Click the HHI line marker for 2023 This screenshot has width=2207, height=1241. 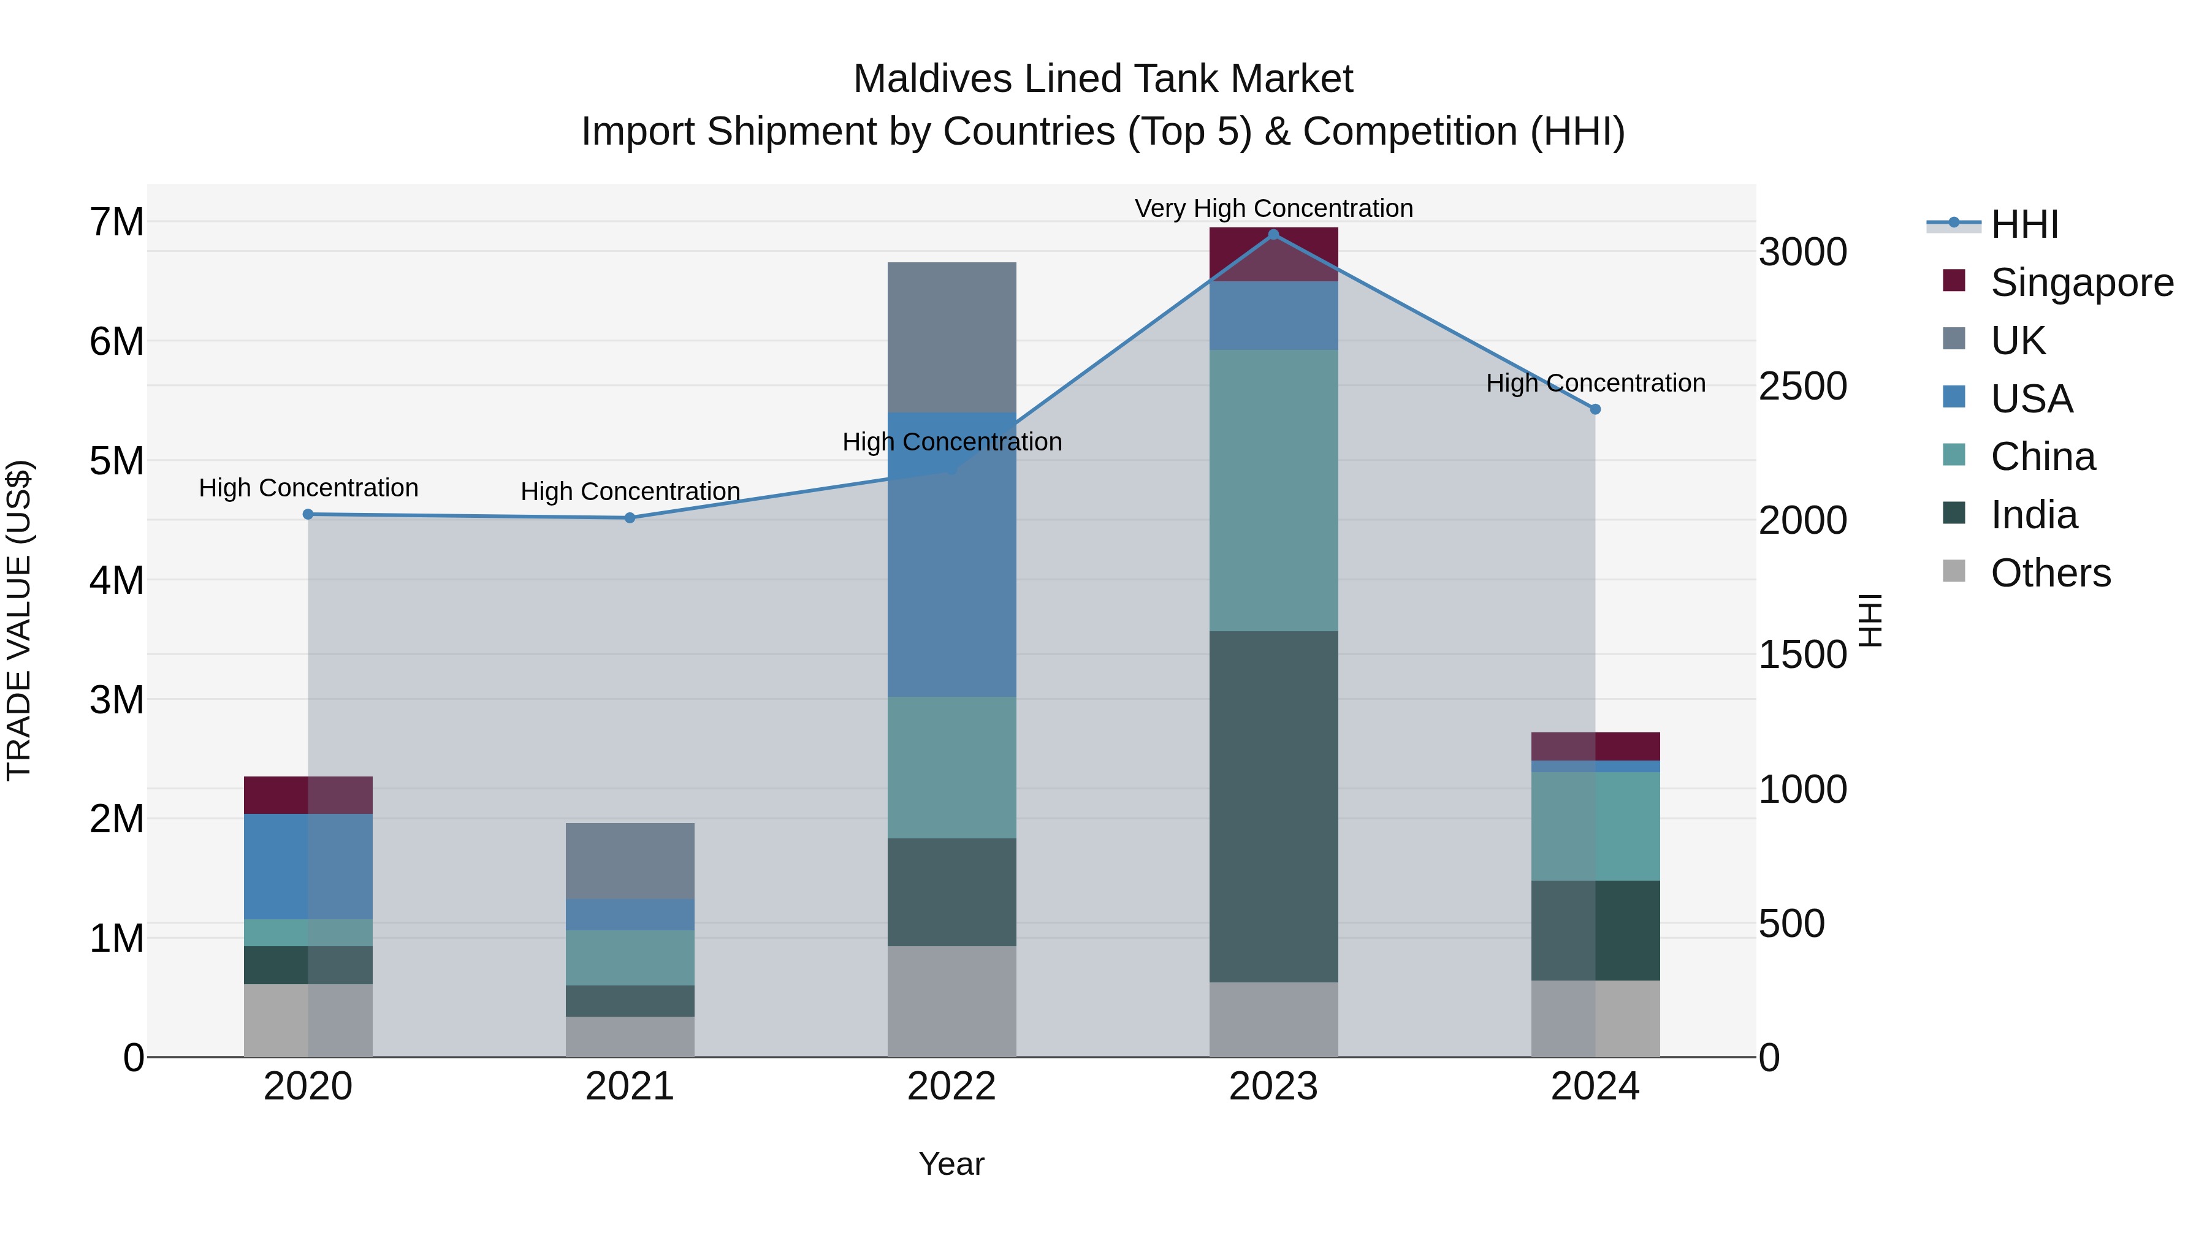(1273, 235)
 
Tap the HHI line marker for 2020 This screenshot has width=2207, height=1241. (308, 514)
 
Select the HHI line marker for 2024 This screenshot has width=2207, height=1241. (1595, 409)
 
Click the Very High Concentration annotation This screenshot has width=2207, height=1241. (1273, 208)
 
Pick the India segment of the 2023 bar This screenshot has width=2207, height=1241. (1273, 806)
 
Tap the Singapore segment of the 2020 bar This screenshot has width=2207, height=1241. (308, 795)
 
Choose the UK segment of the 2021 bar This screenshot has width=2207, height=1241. (630, 861)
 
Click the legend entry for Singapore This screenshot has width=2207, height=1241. (2081, 283)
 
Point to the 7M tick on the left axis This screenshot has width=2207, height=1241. (116, 222)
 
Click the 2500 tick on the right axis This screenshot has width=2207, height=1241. (1802, 386)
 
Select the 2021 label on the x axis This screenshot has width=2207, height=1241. (630, 1087)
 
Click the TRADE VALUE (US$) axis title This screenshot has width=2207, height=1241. (19, 620)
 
